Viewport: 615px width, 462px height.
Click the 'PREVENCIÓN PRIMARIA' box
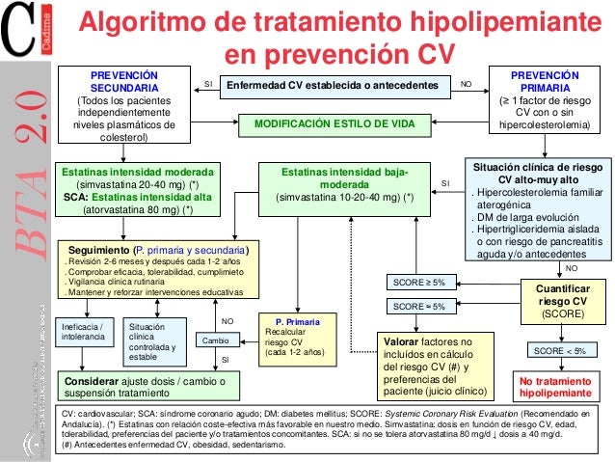(x=547, y=99)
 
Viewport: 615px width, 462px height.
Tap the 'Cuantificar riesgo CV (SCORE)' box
(x=559, y=301)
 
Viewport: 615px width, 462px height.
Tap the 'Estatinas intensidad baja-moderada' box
(x=344, y=185)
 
